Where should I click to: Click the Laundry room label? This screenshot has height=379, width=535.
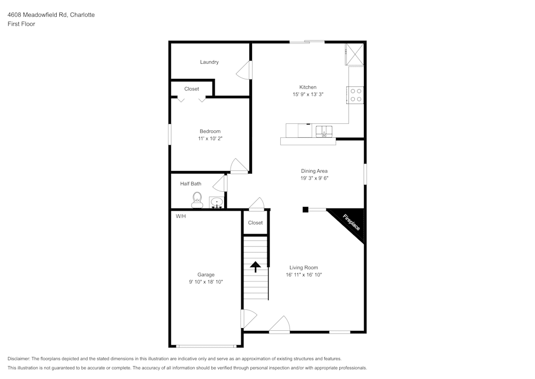click(x=209, y=62)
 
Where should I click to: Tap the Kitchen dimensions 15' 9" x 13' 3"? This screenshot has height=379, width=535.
click(x=308, y=94)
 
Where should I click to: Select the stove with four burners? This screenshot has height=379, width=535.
click(x=356, y=95)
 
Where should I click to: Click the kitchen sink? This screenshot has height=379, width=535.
click(x=323, y=131)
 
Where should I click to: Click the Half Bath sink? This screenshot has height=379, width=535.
click(x=216, y=203)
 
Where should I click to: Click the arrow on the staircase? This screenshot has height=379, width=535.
click(x=255, y=266)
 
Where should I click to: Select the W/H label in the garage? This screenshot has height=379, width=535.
click(x=181, y=216)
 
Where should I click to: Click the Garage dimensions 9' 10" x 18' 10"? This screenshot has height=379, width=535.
click(x=206, y=281)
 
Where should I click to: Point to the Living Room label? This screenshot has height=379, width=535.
click(x=303, y=267)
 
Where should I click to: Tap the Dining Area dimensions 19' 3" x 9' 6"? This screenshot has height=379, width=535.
click(x=314, y=179)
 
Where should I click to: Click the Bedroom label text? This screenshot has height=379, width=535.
click(x=210, y=131)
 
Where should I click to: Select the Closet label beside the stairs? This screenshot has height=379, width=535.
click(x=255, y=222)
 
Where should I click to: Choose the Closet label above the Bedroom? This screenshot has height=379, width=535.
click(x=192, y=89)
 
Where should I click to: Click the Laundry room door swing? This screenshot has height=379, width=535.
click(x=245, y=70)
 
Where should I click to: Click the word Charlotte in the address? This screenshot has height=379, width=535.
click(x=82, y=15)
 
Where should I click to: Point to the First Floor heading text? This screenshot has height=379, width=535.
click(x=21, y=24)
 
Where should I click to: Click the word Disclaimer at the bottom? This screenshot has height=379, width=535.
click(x=19, y=359)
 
